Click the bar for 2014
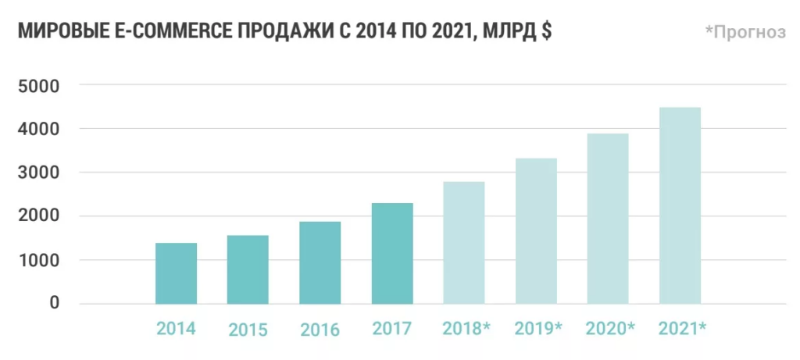pos(177,273)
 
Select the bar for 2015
pos(248,269)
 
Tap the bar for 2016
pos(320,262)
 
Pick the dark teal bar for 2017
pos(392,253)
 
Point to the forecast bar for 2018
pos(464,243)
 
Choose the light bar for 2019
pos(536,231)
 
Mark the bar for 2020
pos(608,219)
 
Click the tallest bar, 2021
pos(680,205)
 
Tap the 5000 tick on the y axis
pos(38,85)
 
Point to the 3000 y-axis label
pos(38,173)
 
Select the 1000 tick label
pos(38,260)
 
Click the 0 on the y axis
pos(54,303)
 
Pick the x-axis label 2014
pos(176,328)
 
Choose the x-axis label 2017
pos(392,328)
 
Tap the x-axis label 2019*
pos(538,328)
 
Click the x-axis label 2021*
pos(682,328)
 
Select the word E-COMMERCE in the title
pos(163,32)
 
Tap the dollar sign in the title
pos(546,32)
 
